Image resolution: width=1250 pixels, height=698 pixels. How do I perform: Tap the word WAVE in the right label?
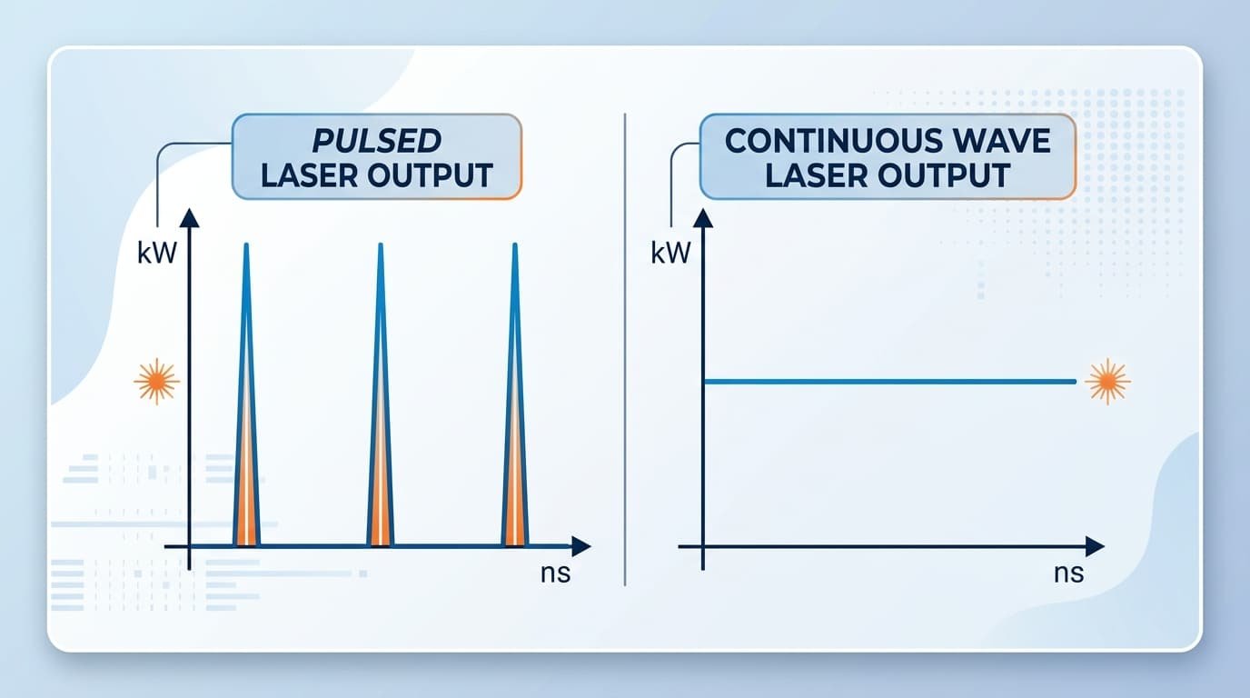(x=1003, y=142)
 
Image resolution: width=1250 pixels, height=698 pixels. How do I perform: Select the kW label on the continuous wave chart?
(x=670, y=254)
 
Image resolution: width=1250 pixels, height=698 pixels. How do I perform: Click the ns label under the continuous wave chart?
(x=1068, y=574)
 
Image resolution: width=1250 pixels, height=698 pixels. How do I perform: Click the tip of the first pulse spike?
(x=246, y=245)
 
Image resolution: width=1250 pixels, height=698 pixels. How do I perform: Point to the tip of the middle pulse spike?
(x=380, y=245)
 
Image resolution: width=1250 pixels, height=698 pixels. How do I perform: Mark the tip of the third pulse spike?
(x=514, y=245)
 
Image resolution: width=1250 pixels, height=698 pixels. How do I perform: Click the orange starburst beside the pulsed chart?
(x=156, y=381)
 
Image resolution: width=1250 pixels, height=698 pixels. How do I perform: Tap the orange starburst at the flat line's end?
(x=1107, y=381)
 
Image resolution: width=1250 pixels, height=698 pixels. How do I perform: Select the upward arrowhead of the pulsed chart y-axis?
(x=189, y=216)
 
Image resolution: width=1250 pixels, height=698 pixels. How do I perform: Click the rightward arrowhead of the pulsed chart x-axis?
(x=580, y=546)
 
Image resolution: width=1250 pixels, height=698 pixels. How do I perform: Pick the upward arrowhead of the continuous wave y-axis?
(x=703, y=216)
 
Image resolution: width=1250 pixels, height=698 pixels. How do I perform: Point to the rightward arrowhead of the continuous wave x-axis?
(x=1095, y=546)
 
